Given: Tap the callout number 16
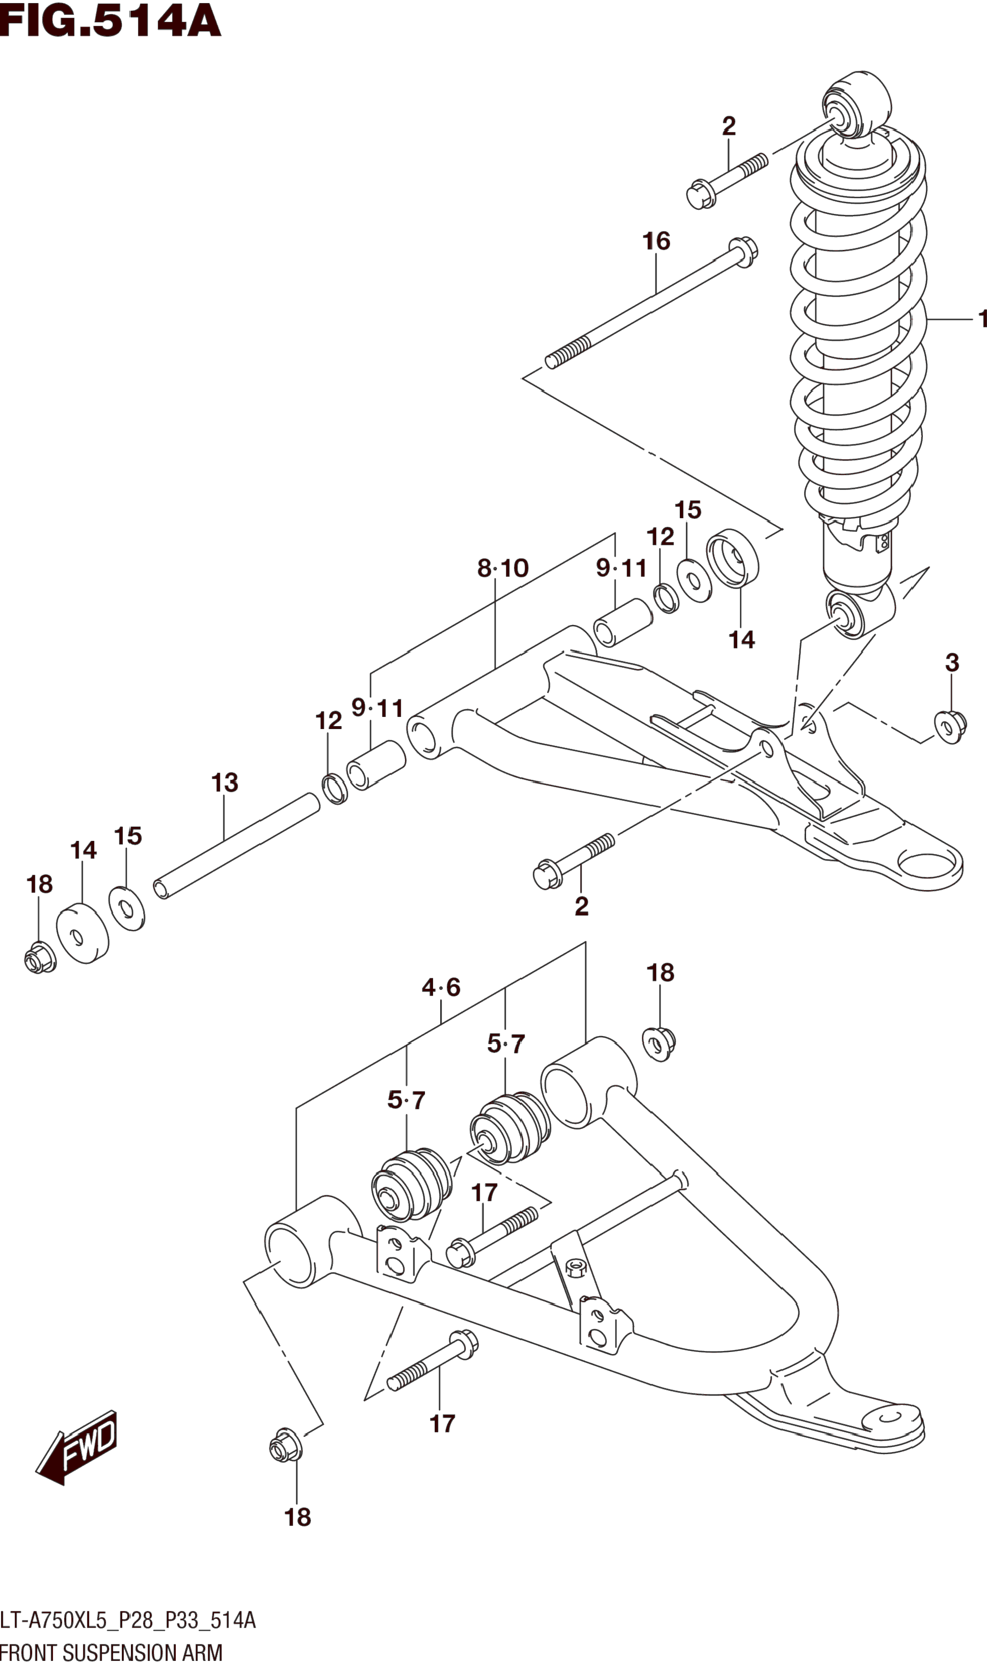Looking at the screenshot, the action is (656, 241).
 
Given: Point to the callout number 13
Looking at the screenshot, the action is (225, 782).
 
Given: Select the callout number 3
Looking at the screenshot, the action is (952, 663).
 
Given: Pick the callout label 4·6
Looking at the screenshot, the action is (440, 986).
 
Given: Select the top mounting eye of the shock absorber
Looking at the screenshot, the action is (855, 107).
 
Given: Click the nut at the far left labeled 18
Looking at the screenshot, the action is (40, 958).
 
